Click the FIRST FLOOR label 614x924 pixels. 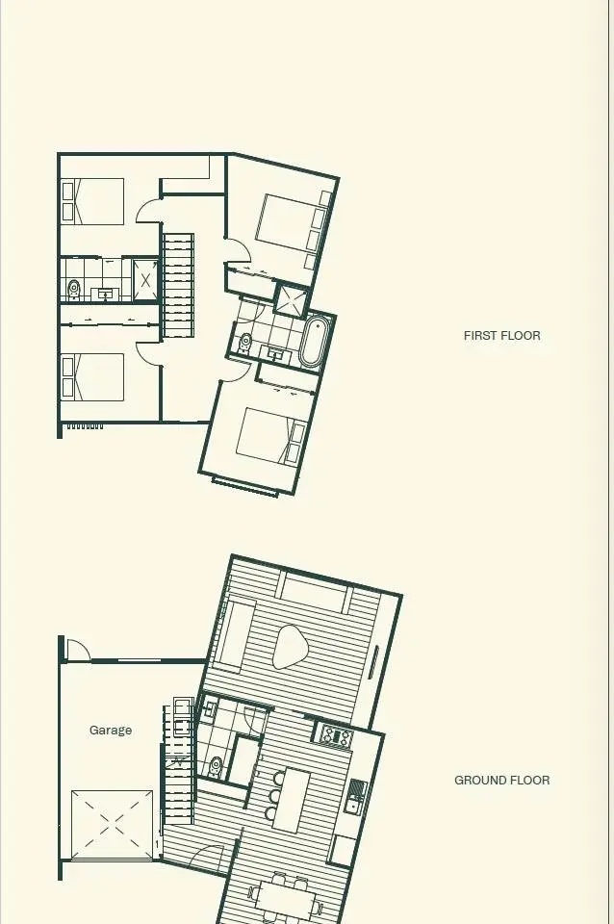[x=501, y=336]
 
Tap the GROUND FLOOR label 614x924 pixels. [x=501, y=781]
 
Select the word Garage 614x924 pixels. [x=110, y=731]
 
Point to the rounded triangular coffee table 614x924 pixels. [x=290, y=647]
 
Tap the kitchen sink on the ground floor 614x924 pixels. [x=356, y=797]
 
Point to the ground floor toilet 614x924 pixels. [x=216, y=767]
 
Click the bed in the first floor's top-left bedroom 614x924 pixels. [x=92, y=201]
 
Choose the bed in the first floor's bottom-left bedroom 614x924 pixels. [x=92, y=377]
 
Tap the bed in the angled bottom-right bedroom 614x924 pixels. [x=271, y=435]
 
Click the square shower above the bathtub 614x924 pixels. [x=292, y=299]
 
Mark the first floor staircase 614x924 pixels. [x=178, y=286]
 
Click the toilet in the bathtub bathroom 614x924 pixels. [x=244, y=343]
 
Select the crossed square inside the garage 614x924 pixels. [x=112, y=825]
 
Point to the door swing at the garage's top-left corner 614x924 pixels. [x=78, y=649]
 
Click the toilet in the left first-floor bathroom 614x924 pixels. [x=74, y=290]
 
